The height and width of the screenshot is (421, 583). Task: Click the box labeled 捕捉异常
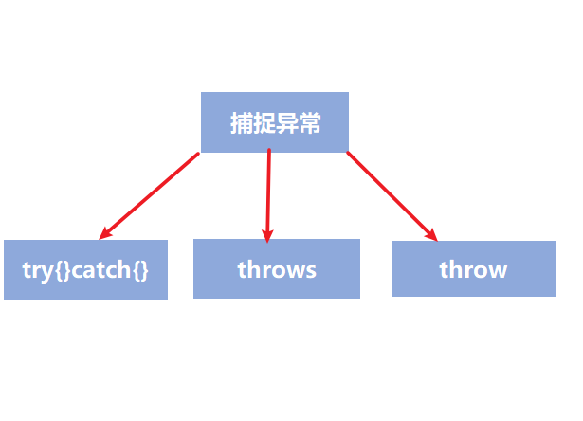pos(274,121)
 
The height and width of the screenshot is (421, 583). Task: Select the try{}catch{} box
pos(85,269)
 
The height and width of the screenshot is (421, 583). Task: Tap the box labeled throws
pos(277,268)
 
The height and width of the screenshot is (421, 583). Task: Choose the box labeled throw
pos(473,268)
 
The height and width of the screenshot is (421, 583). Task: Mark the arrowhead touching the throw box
pos(432,235)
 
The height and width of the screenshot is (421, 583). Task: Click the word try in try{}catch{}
pos(37,270)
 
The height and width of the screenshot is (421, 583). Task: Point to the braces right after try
pos(62,270)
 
